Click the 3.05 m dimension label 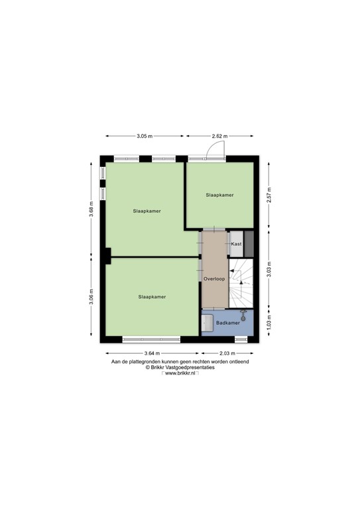click(x=145, y=137)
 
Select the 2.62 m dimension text click(x=219, y=137)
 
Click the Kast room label click(x=236, y=244)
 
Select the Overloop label click(x=214, y=278)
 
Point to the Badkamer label click(x=227, y=323)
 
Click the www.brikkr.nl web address click(x=180, y=374)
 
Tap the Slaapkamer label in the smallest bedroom click(x=219, y=196)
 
